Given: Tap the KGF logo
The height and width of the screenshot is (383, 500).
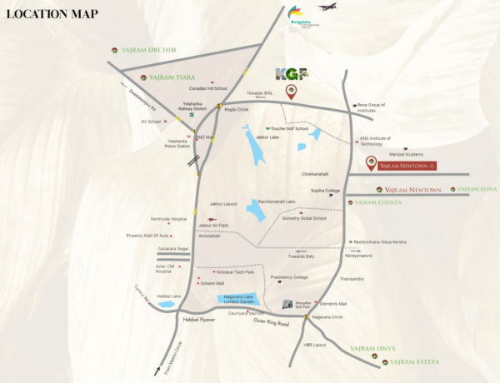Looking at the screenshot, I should [291, 74].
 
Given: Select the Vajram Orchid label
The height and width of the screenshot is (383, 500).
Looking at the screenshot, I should [148, 50].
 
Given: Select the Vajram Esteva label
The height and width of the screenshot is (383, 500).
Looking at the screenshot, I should [417, 362].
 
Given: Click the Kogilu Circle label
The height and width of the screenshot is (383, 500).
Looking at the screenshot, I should [238, 110].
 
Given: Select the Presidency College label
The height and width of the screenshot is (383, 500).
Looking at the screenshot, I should [289, 277].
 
